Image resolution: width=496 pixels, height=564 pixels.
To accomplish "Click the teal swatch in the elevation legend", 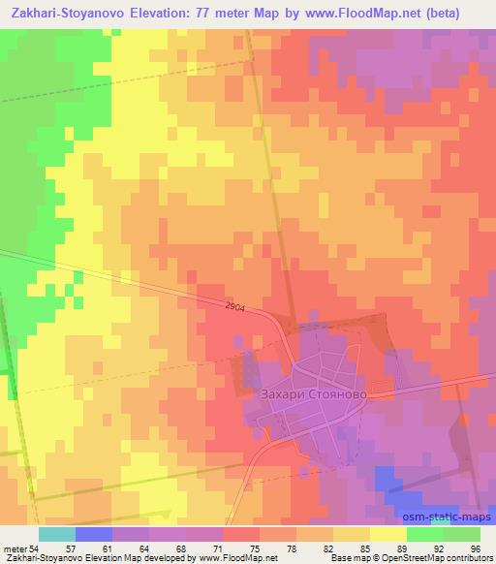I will click(56, 534).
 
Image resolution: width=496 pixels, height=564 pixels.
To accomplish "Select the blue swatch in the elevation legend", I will click(93, 534).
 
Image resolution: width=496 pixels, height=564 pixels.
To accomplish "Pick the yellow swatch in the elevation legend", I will click(387, 534).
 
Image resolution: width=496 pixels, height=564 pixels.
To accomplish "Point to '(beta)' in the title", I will click(462, 13).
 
